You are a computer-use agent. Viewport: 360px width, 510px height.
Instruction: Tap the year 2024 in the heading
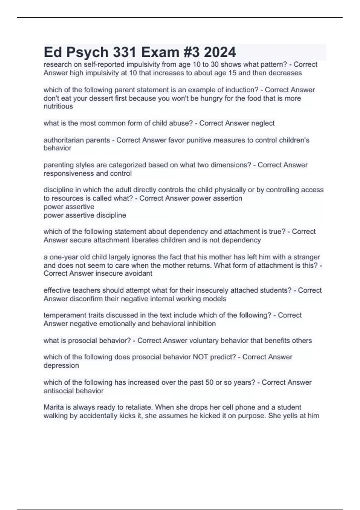point(220,52)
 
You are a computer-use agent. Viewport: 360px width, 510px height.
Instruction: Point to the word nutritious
point(58,106)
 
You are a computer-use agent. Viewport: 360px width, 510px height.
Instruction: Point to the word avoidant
point(139,274)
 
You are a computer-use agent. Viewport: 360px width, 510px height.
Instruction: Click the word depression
point(61,366)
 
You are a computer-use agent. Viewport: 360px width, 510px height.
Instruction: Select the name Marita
point(53,407)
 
